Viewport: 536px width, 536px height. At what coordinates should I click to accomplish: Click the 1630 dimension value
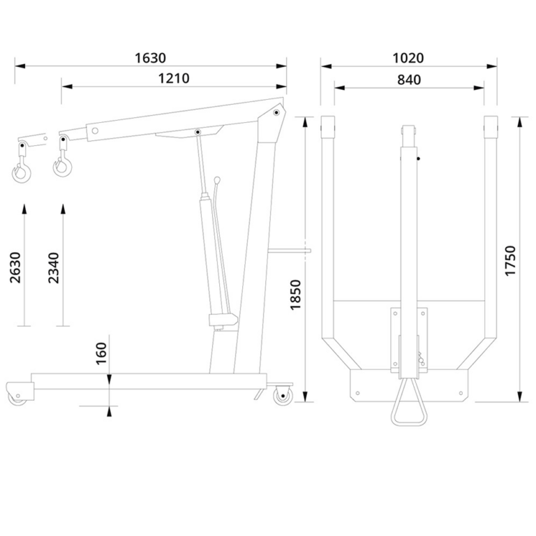(x=151, y=58)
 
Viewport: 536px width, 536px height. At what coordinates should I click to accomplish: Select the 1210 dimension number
(x=174, y=79)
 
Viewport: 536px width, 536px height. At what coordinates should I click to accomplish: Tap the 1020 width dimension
(x=408, y=58)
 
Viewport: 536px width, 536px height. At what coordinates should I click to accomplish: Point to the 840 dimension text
(x=409, y=80)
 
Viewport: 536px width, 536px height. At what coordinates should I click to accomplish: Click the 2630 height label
(x=15, y=268)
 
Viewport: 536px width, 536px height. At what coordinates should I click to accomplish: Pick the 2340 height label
(x=54, y=268)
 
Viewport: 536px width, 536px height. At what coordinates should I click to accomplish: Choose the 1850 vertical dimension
(x=295, y=295)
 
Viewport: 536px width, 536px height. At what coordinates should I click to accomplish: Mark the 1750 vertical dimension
(x=510, y=260)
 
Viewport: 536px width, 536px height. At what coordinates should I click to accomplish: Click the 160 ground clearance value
(x=101, y=354)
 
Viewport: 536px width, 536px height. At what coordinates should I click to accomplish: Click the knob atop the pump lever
(x=217, y=179)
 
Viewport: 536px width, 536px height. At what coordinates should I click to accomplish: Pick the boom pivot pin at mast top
(x=276, y=112)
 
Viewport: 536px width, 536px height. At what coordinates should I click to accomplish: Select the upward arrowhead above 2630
(x=24, y=209)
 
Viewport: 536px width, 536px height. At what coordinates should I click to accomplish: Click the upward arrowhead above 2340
(x=63, y=209)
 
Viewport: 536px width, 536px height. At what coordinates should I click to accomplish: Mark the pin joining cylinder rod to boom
(x=198, y=132)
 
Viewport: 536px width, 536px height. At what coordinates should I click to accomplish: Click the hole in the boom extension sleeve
(x=95, y=131)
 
